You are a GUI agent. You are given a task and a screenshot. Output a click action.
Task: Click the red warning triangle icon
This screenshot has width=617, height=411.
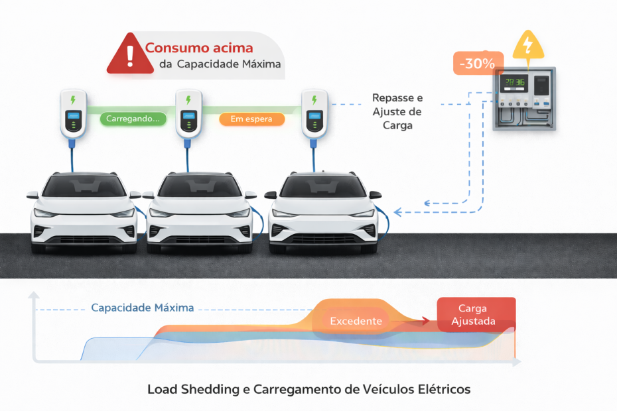coord(129,54)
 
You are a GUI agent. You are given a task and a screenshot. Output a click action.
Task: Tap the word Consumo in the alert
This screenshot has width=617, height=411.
coord(173,48)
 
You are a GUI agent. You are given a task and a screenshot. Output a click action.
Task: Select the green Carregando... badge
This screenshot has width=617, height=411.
coord(133,119)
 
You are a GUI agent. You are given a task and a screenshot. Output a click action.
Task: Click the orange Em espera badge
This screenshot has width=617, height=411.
coord(251,119)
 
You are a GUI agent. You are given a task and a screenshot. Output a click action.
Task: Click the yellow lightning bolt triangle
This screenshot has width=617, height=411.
coord(527,45)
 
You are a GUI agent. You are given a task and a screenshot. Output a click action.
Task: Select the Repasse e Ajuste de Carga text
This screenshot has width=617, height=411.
coord(397,111)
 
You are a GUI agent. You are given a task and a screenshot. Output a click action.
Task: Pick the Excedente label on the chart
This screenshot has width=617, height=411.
coord(356,321)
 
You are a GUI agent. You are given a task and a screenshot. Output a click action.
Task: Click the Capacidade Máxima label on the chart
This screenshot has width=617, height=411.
coord(143,308)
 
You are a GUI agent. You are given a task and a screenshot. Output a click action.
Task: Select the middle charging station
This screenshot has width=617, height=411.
coord(188,113)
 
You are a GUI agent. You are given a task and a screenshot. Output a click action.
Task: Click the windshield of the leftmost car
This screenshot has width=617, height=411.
coord(84,187)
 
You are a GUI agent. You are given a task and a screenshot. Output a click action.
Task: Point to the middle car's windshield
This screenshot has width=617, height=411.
coord(199,187)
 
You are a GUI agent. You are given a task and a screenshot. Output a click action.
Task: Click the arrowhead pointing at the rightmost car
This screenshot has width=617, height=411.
coord(397,212)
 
